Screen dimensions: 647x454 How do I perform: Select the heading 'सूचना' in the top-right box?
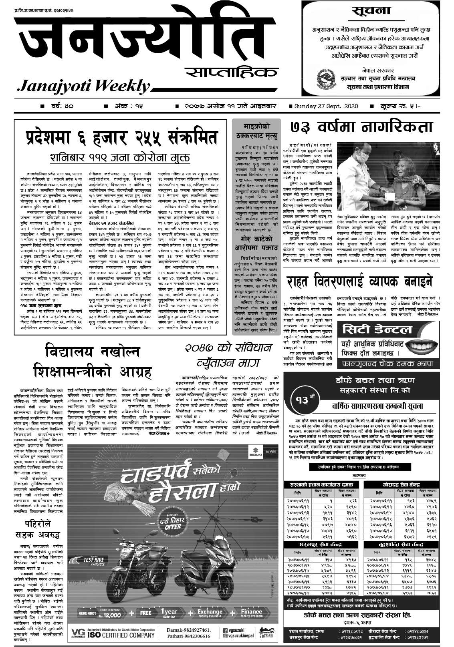pyautogui.click(x=371, y=12)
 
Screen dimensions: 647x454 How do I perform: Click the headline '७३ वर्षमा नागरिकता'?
pyautogui.click(x=361, y=127)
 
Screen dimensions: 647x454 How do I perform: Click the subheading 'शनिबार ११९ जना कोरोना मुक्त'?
pyautogui.click(x=120, y=157)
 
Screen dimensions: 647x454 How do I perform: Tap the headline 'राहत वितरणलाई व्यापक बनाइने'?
pyautogui.click(x=360, y=282)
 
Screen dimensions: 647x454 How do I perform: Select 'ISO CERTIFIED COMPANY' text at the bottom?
pyautogui.click(x=128, y=635)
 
